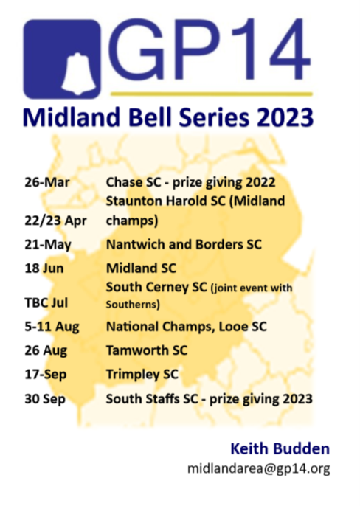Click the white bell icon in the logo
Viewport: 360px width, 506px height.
pos(78,74)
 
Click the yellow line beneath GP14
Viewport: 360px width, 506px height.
pos(212,94)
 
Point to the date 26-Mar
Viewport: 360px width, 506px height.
pos(47,182)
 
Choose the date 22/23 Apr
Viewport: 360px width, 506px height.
pos(55,221)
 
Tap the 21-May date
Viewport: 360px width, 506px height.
pos(48,245)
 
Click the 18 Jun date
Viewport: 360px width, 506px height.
pos(44,268)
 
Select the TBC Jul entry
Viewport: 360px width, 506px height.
pos(46,303)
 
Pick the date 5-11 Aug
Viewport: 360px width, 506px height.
pos(52,327)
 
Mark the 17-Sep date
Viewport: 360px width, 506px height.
pos(46,375)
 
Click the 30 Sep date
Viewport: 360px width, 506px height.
pos(45,399)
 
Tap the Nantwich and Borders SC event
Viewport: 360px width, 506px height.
pos(184,245)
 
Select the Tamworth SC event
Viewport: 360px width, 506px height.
pos(147,350)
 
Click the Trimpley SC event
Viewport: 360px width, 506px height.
pos(142,375)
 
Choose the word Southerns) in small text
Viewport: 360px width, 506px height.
pos(133,305)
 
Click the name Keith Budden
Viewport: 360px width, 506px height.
pos(280,449)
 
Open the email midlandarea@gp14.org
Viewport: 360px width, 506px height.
pos(259,468)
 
